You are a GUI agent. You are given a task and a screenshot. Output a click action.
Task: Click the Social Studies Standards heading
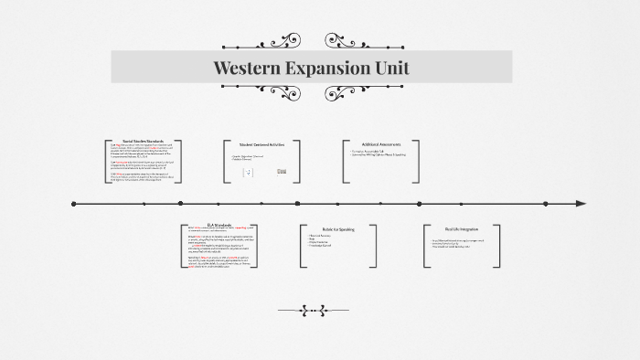pyautogui.click(x=143, y=141)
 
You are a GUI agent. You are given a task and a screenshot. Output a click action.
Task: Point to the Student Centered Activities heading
pyautogui.click(x=263, y=144)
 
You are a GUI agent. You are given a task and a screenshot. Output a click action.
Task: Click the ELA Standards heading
pyautogui.click(x=219, y=223)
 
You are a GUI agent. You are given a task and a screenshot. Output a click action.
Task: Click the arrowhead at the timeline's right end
pyautogui.click(x=581, y=204)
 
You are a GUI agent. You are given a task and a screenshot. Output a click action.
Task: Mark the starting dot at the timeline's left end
pyautogui.click(x=73, y=204)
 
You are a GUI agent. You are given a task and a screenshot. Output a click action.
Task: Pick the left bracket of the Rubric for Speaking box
pyautogui.click(x=301, y=245)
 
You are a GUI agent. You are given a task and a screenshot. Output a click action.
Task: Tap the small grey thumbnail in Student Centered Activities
pyautogui.click(x=282, y=171)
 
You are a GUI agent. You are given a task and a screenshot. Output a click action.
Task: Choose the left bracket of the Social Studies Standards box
pyautogui.click(x=107, y=160)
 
